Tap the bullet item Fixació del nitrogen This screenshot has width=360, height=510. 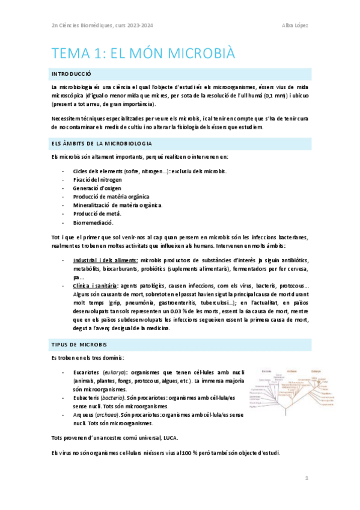[97, 180]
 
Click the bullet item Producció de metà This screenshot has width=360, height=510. [97, 214]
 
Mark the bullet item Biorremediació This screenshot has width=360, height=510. [93, 222]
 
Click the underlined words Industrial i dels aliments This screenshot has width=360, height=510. [105, 260]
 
